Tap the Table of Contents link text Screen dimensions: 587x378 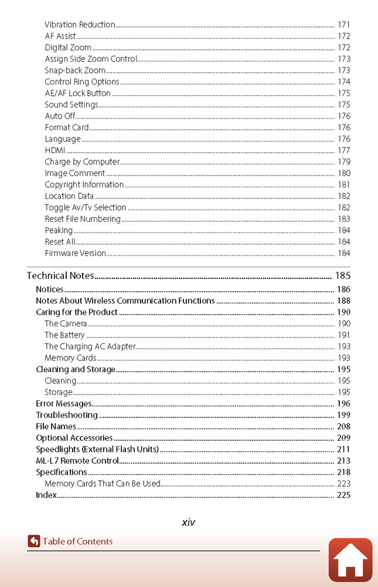(77, 541)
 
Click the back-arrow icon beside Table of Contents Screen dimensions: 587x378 (34, 541)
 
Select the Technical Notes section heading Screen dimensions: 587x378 (61, 276)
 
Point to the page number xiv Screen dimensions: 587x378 (188, 522)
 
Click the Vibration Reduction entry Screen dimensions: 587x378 (80, 25)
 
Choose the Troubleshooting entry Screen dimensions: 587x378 (67, 415)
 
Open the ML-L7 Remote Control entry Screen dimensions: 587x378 (77, 461)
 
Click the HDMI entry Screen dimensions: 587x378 (55, 150)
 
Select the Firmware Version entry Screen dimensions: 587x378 (75, 254)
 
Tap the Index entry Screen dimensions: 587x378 (46, 495)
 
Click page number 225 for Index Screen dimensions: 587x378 (343, 495)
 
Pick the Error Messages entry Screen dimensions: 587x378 (64, 404)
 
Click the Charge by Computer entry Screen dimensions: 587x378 (82, 162)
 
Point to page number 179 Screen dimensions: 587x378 (343, 162)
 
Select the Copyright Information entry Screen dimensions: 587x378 (84, 185)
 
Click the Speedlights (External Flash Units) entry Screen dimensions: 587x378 (97, 450)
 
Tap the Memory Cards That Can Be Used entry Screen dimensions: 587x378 (102, 484)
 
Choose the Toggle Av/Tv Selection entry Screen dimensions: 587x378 (86, 208)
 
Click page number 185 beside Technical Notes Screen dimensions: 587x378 (342, 276)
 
